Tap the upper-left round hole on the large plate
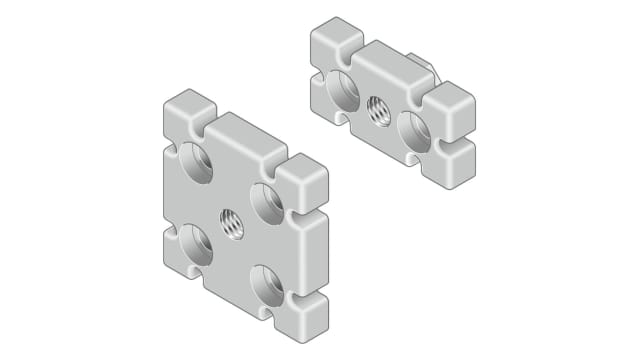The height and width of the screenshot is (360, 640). click(x=197, y=162)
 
